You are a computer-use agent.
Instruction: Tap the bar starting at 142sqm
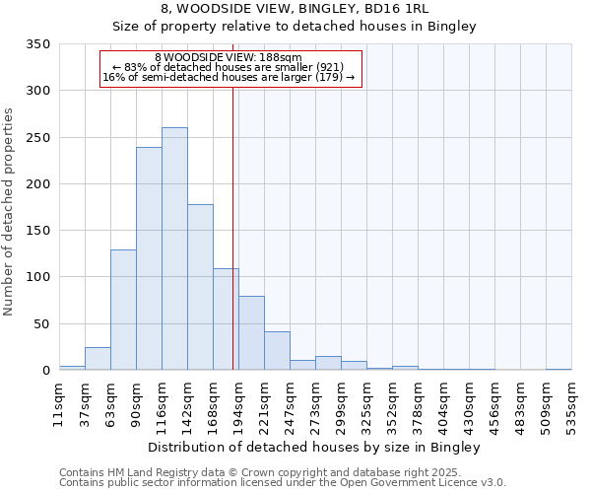coord(200,287)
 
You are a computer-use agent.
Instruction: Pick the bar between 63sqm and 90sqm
coord(123,310)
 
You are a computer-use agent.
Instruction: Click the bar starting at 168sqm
coord(226,319)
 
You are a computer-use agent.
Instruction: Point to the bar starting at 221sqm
coord(277,351)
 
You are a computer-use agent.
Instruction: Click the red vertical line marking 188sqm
coord(232,197)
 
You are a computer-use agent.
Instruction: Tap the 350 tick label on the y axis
coord(37,44)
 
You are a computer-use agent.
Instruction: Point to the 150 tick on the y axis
coord(37,231)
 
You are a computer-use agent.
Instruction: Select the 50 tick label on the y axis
coord(41,323)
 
